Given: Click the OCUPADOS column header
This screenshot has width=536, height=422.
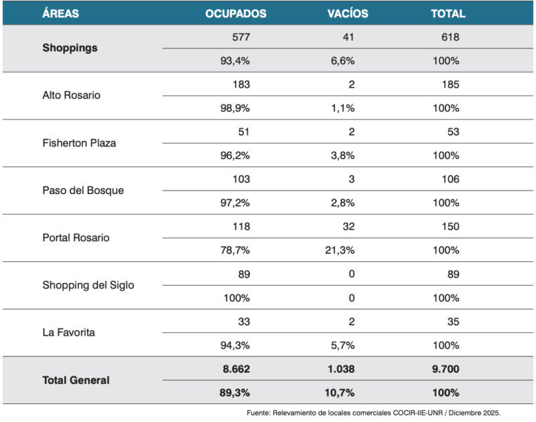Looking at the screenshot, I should point(236,13).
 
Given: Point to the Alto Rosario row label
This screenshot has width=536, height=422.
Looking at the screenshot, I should point(71,95).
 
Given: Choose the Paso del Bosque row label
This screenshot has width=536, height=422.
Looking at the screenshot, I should point(82,190).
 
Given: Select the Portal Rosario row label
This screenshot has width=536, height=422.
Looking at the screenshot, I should point(75,237).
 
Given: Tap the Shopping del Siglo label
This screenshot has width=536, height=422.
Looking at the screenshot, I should point(88,285).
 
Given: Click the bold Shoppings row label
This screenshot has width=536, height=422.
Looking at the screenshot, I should point(70,48).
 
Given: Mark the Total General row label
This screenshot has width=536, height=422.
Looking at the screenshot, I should point(76,380).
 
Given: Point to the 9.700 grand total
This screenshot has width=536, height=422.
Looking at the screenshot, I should point(444,368).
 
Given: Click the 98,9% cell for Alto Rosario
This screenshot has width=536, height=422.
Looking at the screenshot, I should point(235,108).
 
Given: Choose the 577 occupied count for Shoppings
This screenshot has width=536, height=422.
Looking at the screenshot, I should point(241,37).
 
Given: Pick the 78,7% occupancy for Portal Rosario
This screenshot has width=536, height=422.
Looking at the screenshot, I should point(235,250).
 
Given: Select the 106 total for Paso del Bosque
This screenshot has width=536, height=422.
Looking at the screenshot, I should point(450,179).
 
